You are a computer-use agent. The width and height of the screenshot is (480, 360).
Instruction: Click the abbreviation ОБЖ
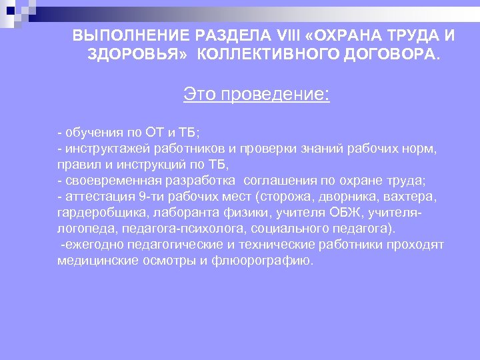pos(348,213)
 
